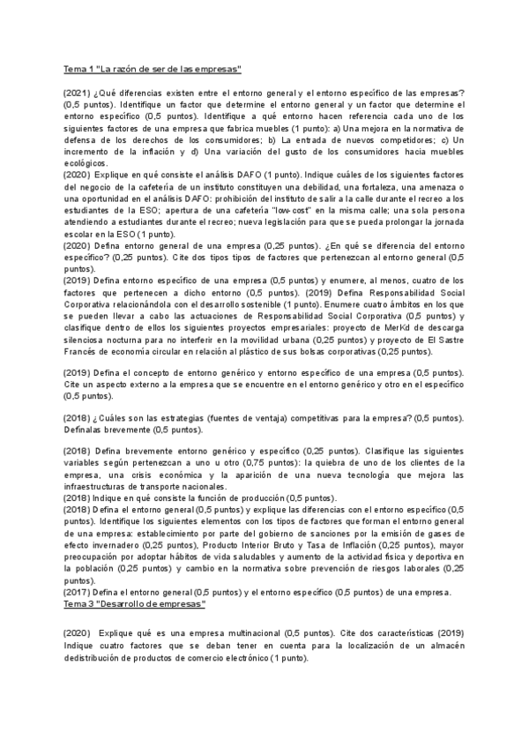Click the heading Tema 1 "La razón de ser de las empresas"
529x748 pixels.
[153, 69]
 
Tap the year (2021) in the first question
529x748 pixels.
[78, 93]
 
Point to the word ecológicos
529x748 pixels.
[86, 163]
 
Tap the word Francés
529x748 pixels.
[83, 350]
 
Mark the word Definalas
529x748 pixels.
[86, 430]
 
